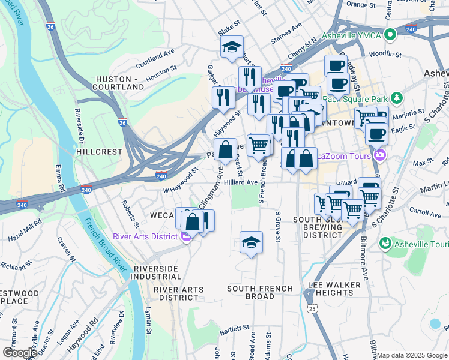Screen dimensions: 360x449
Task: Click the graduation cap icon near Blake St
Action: pyautogui.click(x=232, y=48)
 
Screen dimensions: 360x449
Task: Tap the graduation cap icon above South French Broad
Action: pyautogui.click(x=251, y=242)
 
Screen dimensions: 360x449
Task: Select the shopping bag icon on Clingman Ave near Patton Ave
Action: pyautogui.click(x=225, y=150)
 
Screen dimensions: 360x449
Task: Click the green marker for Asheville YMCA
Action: pyautogui.click(x=391, y=35)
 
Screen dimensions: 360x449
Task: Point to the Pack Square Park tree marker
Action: pyautogui.click(x=396, y=97)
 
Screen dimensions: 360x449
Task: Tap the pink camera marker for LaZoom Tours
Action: pyautogui.click(x=379, y=156)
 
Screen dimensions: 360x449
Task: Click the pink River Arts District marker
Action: pyautogui.click(x=185, y=237)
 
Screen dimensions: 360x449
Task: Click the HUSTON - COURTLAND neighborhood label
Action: pyautogui.click(x=120, y=83)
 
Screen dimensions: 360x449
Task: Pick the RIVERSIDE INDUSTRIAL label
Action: pyautogui.click(x=157, y=272)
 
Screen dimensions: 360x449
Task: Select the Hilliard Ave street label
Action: pyautogui.click(x=240, y=182)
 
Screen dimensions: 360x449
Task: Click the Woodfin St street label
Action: pyautogui.click(x=385, y=54)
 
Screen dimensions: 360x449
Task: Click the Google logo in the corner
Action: pyautogui.click(x=20, y=353)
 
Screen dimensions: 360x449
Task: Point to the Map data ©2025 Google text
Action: pyautogui.click(x=411, y=355)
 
